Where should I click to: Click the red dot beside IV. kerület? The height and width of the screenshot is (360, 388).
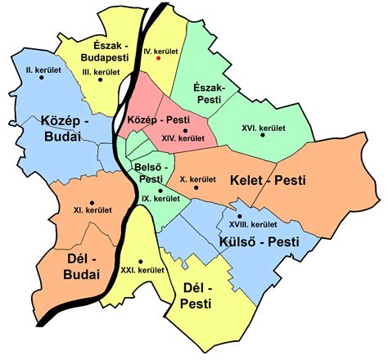(159, 59)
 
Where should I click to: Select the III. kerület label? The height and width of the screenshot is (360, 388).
(102, 72)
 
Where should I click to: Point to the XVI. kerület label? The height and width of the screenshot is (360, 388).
(263, 128)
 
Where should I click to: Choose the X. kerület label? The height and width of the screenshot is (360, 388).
(196, 179)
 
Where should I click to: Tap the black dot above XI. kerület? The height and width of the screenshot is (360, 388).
(92, 201)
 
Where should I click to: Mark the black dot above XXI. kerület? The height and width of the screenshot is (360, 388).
(140, 259)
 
